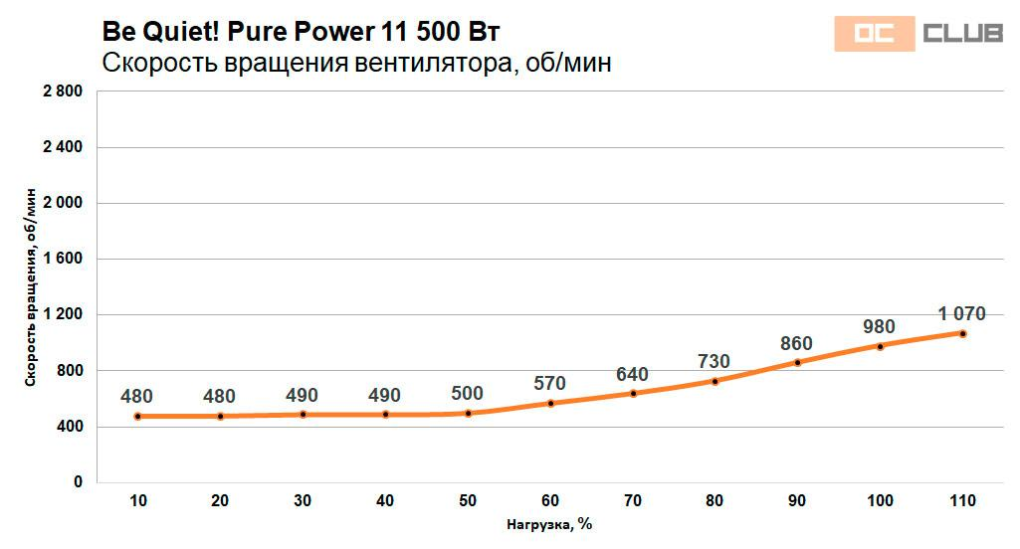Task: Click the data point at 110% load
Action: pyautogui.click(x=962, y=333)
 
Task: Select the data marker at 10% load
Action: pyautogui.click(x=137, y=416)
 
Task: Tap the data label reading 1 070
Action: pyautogui.click(x=961, y=314)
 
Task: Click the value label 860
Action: pyautogui.click(x=796, y=344)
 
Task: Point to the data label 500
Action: pyautogui.click(x=467, y=393)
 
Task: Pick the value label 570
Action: pyautogui.click(x=549, y=383)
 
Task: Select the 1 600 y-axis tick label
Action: pyautogui.click(x=63, y=260)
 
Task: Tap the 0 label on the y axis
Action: pyautogui.click(x=79, y=482)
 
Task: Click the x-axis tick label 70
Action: pyautogui.click(x=632, y=500)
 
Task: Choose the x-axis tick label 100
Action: pyautogui.click(x=880, y=500)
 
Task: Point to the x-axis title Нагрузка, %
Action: pyautogui.click(x=549, y=524)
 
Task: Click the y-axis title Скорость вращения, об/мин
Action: pyautogui.click(x=32, y=286)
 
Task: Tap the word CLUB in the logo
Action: pyautogui.click(x=961, y=35)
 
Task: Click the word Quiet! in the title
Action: pyautogui.click(x=182, y=32)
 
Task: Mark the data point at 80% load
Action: pyautogui.click(x=714, y=381)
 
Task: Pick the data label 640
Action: pyautogui.click(x=632, y=374)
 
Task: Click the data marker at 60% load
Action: pyautogui.click(x=549, y=403)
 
